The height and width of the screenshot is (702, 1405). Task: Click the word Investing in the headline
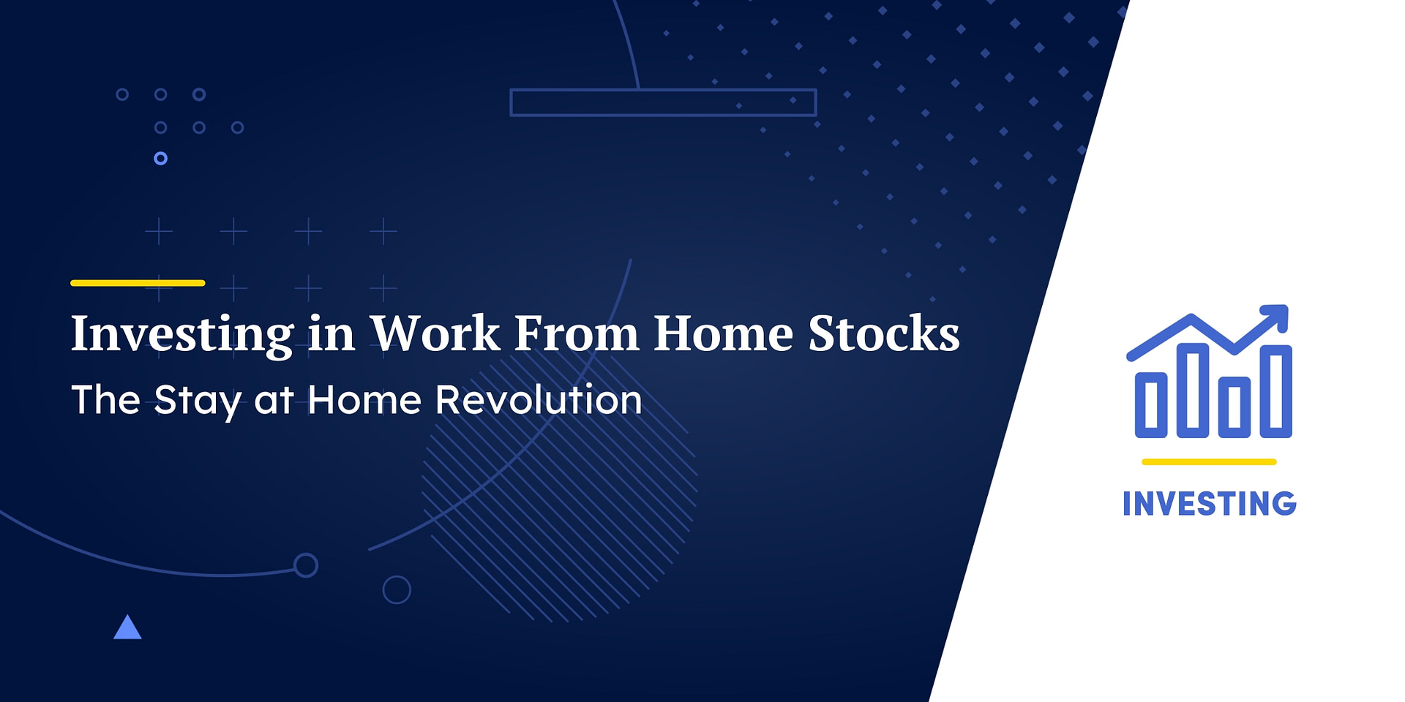click(182, 334)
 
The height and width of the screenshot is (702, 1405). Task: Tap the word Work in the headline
click(435, 333)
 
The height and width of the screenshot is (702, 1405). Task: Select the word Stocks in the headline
click(883, 333)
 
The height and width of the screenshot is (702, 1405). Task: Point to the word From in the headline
click(577, 333)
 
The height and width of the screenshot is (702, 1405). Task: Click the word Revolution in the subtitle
click(539, 400)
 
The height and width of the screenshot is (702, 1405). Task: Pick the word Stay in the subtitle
click(197, 401)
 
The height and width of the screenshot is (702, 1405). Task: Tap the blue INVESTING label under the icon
click(1209, 504)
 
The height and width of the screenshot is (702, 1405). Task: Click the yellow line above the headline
click(138, 283)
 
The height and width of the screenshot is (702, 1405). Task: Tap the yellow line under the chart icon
click(1209, 462)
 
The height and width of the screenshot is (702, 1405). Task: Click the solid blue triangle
click(127, 628)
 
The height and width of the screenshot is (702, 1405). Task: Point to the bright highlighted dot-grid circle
click(161, 159)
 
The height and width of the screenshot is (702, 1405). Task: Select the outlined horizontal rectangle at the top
click(663, 102)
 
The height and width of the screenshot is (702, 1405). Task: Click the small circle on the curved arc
click(305, 565)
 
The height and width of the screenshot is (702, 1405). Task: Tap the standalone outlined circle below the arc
click(397, 590)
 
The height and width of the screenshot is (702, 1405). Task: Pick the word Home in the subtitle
click(364, 400)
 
